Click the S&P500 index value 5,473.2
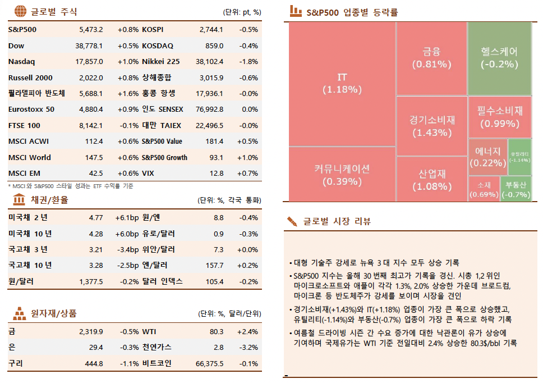[x=91, y=29]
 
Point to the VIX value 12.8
[x=216, y=174]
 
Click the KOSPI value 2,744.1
[x=211, y=29]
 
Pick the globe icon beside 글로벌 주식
[x=20, y=11]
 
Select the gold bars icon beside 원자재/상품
[x=20, y=313]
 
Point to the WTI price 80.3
[x=216, y=332]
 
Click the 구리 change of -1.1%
[x=130, y=364]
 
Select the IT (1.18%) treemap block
[x=342, y=83]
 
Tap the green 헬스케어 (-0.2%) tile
[x=499, y=58]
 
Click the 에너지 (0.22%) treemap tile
[x=487, y=157]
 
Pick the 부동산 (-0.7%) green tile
[x=516, y=189]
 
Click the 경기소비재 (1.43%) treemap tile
[x=431, y=126]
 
